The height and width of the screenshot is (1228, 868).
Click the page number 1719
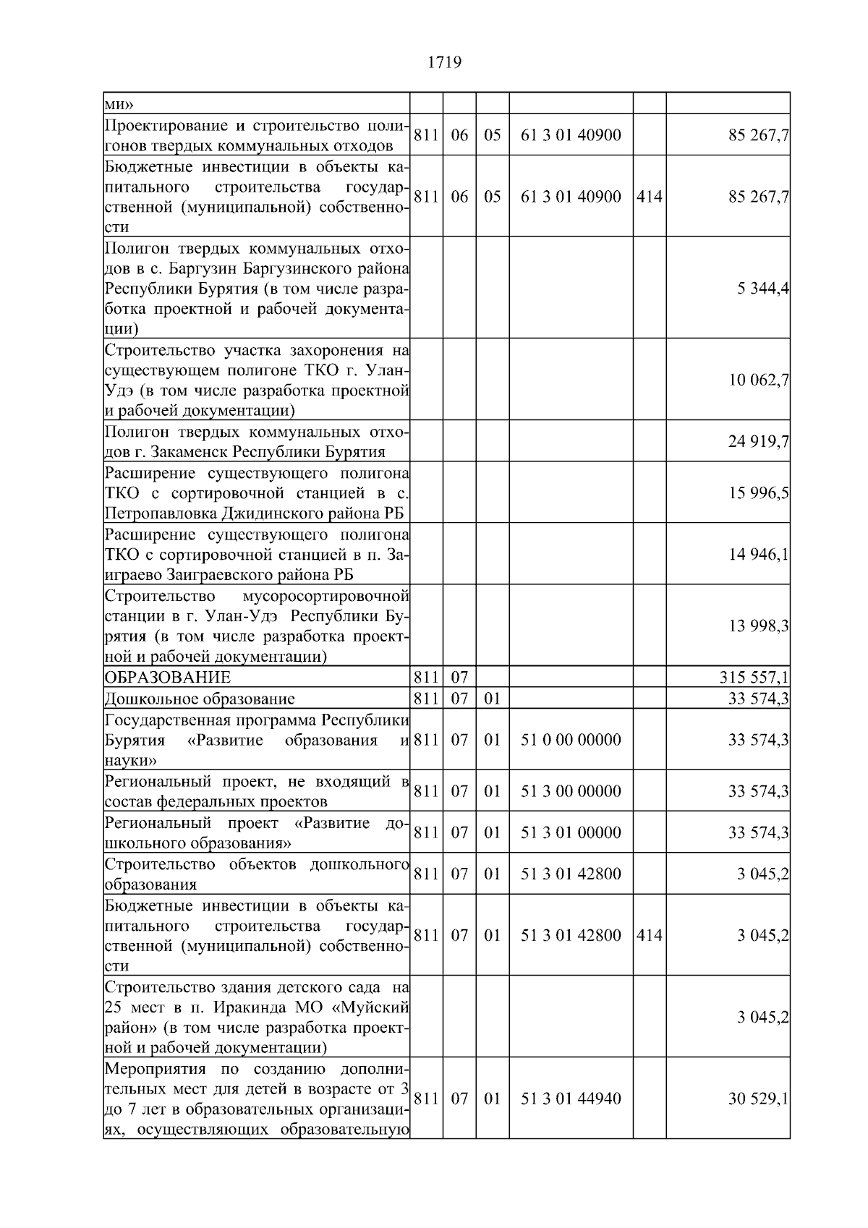tap(444, 63)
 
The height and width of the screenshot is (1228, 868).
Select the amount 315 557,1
tap(754, 678)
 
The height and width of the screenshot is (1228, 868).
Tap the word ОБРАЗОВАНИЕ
tap(168, 678)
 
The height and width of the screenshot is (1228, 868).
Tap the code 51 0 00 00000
tap(571, 740)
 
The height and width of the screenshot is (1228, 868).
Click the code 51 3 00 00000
tap(571, 791)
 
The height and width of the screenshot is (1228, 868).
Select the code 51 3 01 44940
tap(571, 1099)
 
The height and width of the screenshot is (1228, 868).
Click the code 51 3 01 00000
tap(571, 832)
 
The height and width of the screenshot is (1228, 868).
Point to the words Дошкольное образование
tap(200, 699)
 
